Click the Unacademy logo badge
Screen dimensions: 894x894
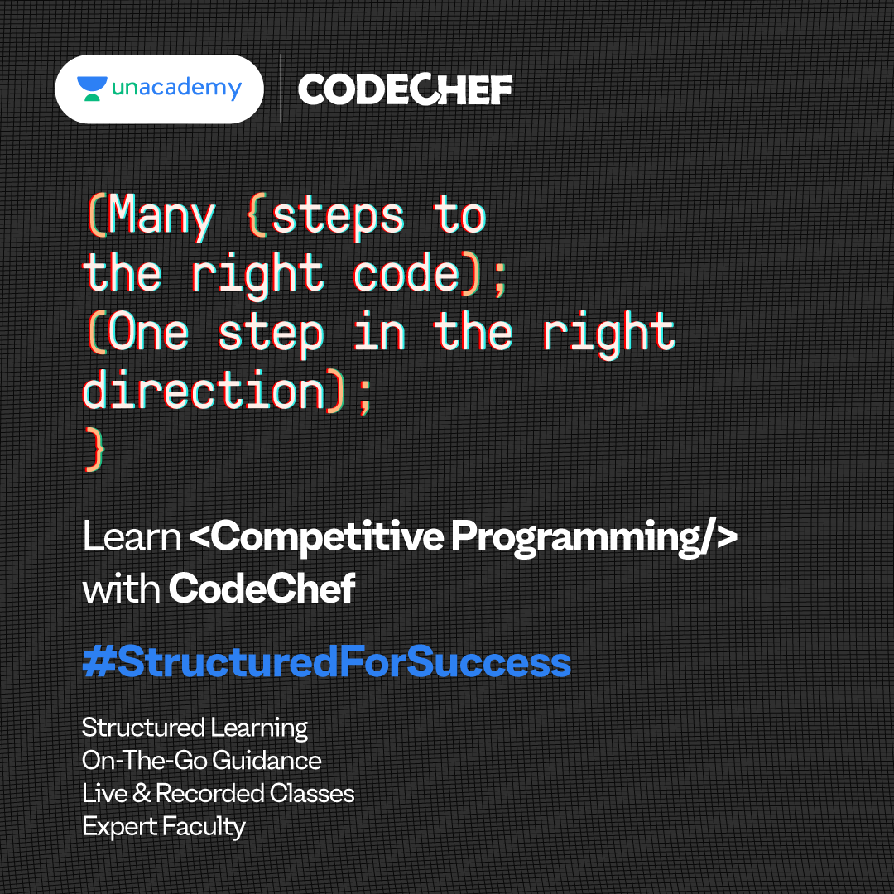[159, 89]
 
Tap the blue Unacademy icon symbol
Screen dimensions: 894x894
[92, 89]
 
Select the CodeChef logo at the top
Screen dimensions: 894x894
[405, 89]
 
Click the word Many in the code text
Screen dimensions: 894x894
[161, 215]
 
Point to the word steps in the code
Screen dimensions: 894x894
[338, 216]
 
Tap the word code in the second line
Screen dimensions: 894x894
[406, 274]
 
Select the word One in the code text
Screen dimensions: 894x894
[147, 332]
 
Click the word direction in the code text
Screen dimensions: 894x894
[204, 391]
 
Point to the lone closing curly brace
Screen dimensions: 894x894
[94, 449]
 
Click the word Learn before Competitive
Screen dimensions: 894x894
[132, 536]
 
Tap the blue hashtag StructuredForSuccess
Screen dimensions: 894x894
[327, 661]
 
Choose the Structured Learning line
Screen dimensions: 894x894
[195, 728]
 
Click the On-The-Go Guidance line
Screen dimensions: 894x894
[202, 760]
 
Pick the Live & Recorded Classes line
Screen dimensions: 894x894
[219, 793]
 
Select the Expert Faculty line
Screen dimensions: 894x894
[164, 827]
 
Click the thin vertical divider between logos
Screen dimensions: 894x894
[281, 89]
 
